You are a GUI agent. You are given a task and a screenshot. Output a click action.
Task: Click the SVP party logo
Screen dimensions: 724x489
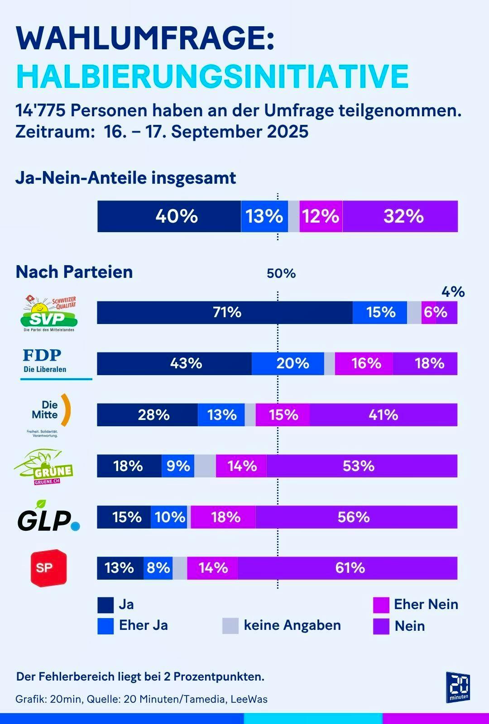(x=49, y=313)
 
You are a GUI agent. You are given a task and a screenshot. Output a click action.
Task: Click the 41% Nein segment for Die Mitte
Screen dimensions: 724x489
(x=384, y=414)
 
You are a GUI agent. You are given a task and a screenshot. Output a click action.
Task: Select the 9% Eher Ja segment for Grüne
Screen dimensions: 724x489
(x=178, y=466)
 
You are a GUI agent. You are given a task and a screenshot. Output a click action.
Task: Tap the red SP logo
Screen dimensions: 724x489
(x=48, y=568)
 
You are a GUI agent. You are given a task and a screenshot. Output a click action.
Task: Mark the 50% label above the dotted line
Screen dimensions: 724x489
(x=281, y=273)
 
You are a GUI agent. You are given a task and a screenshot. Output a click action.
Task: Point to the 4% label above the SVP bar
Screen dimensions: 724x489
(x=453, y=292)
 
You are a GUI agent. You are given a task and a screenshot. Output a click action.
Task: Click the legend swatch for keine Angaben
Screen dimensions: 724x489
(x=230, y=626)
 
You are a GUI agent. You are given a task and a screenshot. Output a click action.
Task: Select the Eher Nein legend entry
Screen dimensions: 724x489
(x=416, y=605)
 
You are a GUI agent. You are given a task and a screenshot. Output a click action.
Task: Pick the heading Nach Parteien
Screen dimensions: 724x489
(x=74, y=272)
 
